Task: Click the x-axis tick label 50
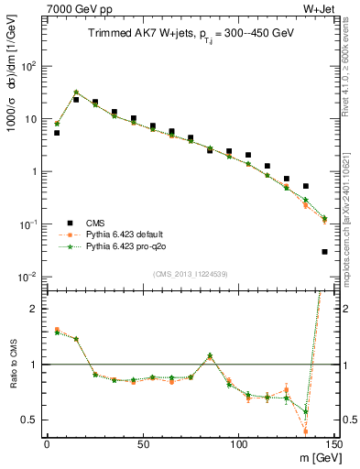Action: tap(142, 444)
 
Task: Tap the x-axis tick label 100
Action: tap(238, 444)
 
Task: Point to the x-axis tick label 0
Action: tap(47, 444)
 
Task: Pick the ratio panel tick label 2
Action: tap(35, 309)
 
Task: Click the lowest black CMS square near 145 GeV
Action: tap(324, 251)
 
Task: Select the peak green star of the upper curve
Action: tap(76, 93)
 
